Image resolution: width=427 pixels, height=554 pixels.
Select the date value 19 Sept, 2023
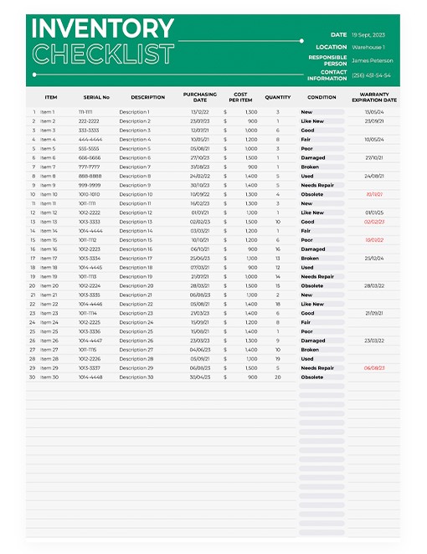[368, 35]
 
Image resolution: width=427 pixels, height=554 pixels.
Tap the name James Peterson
[371, 60]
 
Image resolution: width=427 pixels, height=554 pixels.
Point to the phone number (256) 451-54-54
[371, 75]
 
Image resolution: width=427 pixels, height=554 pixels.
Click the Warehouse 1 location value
[368, 48]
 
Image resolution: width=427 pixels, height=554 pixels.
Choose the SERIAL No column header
[96, 97]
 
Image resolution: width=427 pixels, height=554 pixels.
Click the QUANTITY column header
[278, 97]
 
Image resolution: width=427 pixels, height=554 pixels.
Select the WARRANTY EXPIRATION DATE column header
[373, 97]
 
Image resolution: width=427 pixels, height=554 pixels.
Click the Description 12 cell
[136, 213]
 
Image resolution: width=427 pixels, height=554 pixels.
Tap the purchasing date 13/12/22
[200, 112]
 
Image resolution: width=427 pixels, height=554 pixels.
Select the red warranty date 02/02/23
[374, 222]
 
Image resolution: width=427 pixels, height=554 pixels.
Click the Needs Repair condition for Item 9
[317, 185]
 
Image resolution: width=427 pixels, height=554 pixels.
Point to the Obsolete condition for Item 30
[312, 377]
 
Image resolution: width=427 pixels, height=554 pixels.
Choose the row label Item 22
[49, 304]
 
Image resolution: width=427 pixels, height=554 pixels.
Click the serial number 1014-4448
[90, 377]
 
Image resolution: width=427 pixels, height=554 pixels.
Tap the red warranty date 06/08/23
[374, 368]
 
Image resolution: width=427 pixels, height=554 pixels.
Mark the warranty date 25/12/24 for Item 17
[374, 258]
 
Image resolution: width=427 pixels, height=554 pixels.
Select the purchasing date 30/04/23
[200, 377]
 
